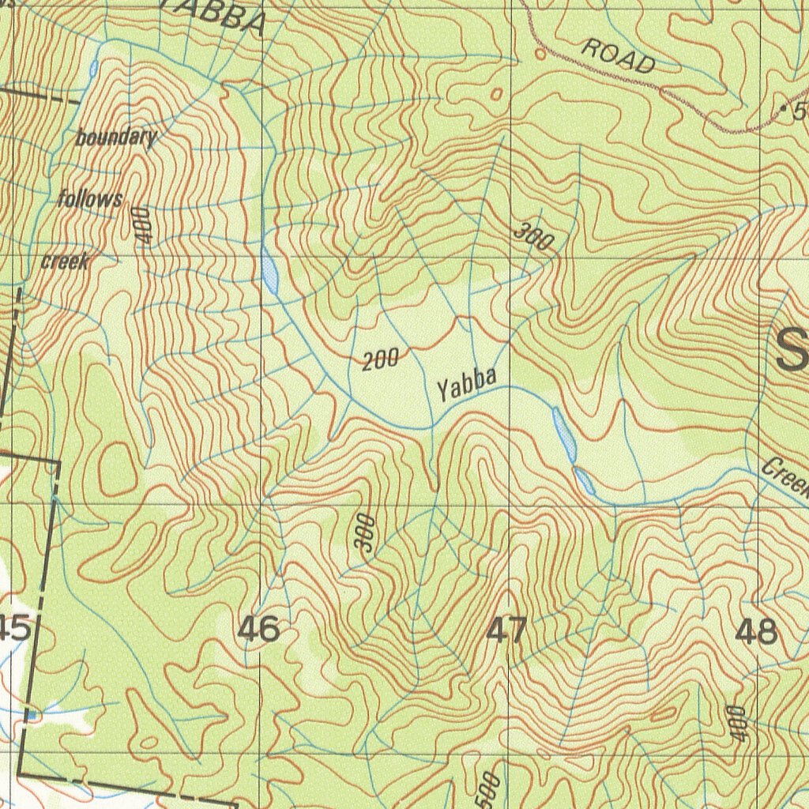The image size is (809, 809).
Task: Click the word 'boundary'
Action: point(116,137)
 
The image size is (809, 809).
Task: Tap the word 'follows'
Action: point(90,198)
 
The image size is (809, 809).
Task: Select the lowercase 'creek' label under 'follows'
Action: point(65,261)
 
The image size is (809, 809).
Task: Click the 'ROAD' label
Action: point(618,55)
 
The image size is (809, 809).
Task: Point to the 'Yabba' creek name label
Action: point(467,385)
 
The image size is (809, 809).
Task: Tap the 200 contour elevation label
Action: point(380,360)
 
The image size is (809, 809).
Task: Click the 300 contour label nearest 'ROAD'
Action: point(533,237)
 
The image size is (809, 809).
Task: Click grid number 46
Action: point(258,630)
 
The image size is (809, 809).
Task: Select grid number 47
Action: point(506,631)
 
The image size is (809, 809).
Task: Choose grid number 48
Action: point(755,632)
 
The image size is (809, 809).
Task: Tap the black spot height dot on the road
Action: point(783,107)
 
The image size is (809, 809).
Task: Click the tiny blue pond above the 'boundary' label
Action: point(94,69)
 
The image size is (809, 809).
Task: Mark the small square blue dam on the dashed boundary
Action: point(32,715)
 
